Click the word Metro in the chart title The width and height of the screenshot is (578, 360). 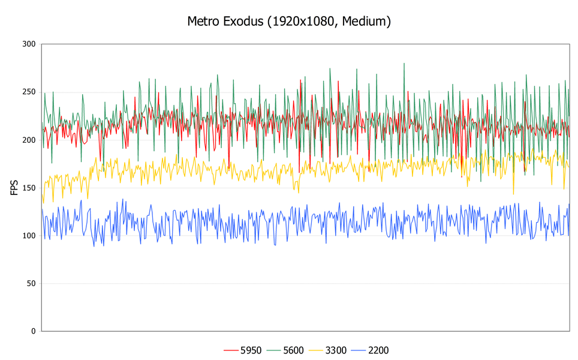tap(204, 22)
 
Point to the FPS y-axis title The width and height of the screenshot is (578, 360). tap(14, 187)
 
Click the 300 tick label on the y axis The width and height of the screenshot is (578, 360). tap(28, 44)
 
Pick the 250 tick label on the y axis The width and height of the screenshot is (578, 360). tap(28, 92)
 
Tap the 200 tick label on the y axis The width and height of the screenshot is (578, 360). tap(28, 140)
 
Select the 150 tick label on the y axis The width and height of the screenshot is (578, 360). tap(28, 188)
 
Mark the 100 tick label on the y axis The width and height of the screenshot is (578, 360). tap(28, 235)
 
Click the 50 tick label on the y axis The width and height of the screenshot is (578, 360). tap(31, 283)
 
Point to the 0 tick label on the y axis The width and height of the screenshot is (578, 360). tap(33, 331)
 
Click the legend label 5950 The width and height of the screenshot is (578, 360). tap(251, 350)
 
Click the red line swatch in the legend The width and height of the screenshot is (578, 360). tap(231, 350)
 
